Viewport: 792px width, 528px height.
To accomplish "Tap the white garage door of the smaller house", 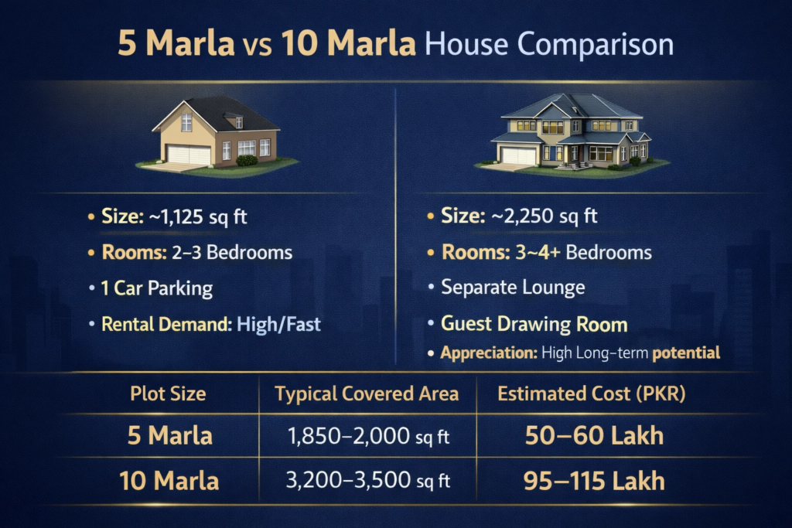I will (x=189, y=155).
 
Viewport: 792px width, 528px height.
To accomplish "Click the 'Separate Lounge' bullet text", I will (x=513, y=288).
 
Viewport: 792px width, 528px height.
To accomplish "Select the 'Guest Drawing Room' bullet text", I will (x=534, y=324).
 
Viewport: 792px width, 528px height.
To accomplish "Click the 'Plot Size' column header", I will (x=168, y=393).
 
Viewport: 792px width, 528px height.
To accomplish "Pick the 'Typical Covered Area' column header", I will (x=367, y=393).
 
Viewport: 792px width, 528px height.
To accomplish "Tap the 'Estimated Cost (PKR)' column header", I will (x=592, y=393).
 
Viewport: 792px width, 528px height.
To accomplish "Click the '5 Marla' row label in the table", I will (x=169, y=435).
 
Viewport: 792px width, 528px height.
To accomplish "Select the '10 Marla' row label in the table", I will (x=169, y=481).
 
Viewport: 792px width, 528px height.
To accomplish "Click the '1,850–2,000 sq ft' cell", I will (x=368, y=436).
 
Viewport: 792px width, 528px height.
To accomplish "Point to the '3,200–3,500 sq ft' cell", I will (x=368, y=481).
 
